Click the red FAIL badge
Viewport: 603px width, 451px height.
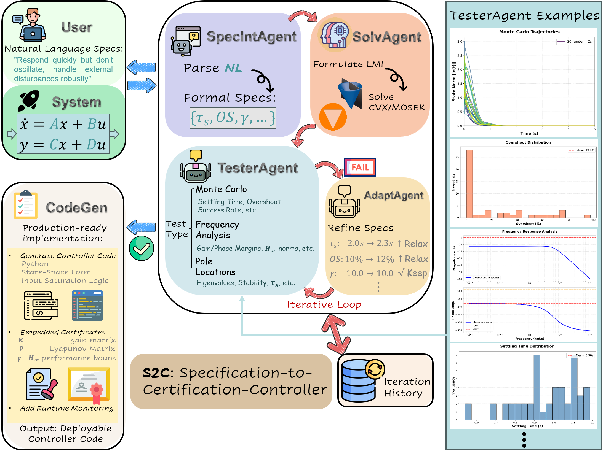coord(360,167)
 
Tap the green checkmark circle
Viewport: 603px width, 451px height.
coord(141,248)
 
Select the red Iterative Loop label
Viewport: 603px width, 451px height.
coord(324,304)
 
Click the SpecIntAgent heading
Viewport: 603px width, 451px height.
coord(251,37)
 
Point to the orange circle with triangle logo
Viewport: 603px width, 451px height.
coord(333,117)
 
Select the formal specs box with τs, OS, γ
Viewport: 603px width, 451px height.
coord(233,118)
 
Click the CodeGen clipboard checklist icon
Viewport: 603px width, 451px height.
coord(25,205)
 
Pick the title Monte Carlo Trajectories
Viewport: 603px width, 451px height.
coord(529,32)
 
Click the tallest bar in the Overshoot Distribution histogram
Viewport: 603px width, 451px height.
coord(469,183)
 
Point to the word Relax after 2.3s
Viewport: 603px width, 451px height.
coord(416,244)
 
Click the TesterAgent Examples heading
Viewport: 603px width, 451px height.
coord(525,15)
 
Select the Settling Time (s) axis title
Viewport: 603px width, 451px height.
coord(527,426)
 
